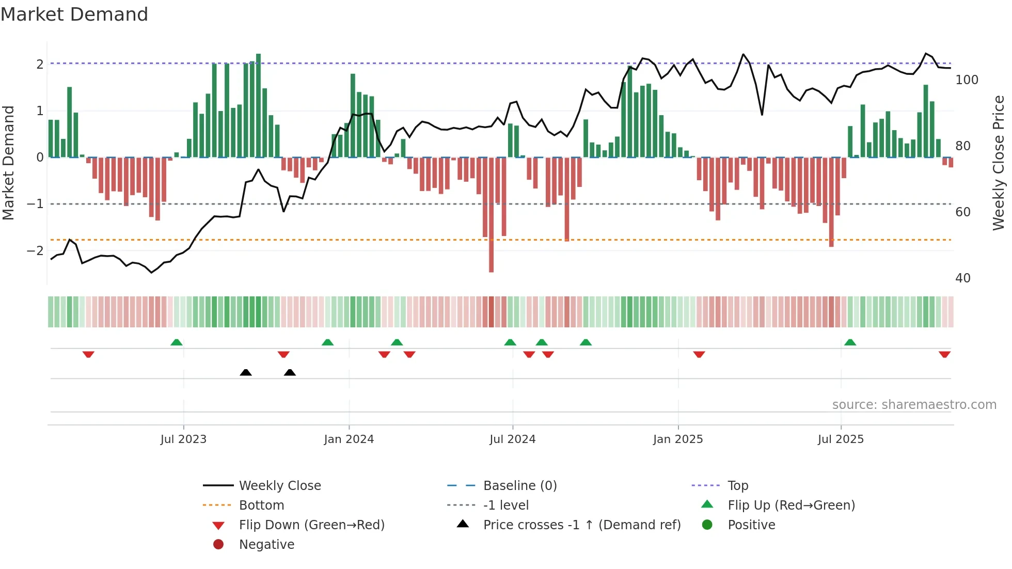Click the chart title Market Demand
tap(74, 14)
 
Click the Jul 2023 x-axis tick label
tap(183, 439)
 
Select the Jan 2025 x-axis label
tap(677, 439)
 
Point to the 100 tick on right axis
tap(967, 80)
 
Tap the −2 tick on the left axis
tap(35, 251)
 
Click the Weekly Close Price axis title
tap(999, 163)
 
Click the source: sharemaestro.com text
tap(914, 405)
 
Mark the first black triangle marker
tap(246, 372)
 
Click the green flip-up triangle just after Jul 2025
tap(850, 342)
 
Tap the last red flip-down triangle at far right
tap(944, 354)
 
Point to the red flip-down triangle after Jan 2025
tap(699, 354)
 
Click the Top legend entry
tap(737, 486)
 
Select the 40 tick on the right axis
tap(962, 278)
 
